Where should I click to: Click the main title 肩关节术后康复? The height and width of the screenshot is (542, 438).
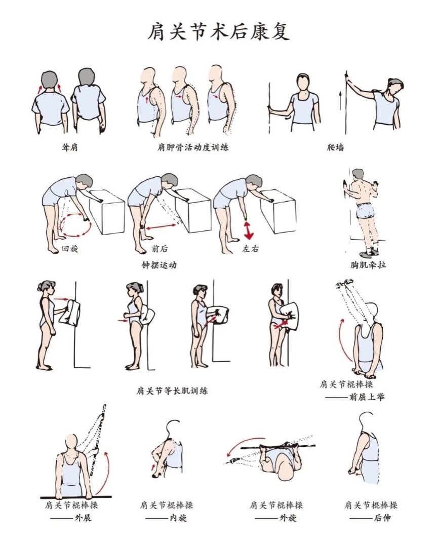pyautogui.click(x=219, y=32)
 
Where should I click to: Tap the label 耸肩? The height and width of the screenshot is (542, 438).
pyautogui.click(x=70, y=147)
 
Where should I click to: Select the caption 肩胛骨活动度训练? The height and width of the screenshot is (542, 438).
pyautogui.click(x=193, y=147)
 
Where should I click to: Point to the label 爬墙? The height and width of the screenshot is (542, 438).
pyautogui.click(x=335, y=147)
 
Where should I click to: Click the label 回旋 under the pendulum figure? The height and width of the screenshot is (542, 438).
pyautogui.click(x=70, y=248)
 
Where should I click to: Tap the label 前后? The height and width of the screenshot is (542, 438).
pyautogui.click(x=160, y=248)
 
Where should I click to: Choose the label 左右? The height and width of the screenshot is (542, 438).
pyautogui.click(x=251, y=248)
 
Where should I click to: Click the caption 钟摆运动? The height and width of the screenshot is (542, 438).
pyautogui.click(x=159, y=265)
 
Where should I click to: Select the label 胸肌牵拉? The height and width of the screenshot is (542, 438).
pyautogui.click(x=368, y=265)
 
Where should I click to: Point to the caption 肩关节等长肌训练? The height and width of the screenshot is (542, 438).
pyautogui.click(x=172, y=391)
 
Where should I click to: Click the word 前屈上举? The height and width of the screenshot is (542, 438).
pyautogui.click(x=367, y=397)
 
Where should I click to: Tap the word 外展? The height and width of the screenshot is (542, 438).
pyautogui.click(x=83, y=518)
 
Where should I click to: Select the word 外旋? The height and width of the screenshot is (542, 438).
pyautogui.click(x=288, y=518)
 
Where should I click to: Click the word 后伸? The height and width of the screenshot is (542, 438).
pyautogui.click(x=382, y=518)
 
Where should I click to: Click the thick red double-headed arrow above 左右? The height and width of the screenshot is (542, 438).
pyautogui.click(x=248, y=230)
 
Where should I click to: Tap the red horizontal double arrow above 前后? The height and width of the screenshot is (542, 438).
pyautogui.click(x=161, y=227)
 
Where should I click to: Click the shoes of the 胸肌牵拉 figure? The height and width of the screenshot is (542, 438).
pyautogui.click(x=368, y=253)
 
